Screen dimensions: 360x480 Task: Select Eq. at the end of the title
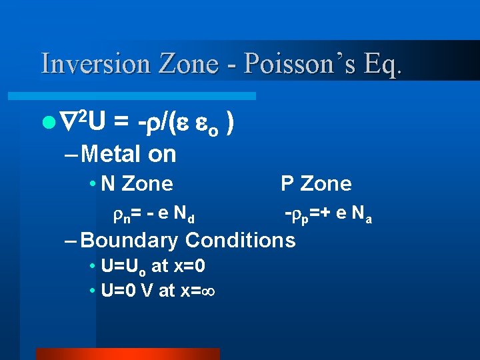point(382,63)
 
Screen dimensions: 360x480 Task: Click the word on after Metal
point(162,154)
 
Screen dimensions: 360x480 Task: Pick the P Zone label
point(316,183)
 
